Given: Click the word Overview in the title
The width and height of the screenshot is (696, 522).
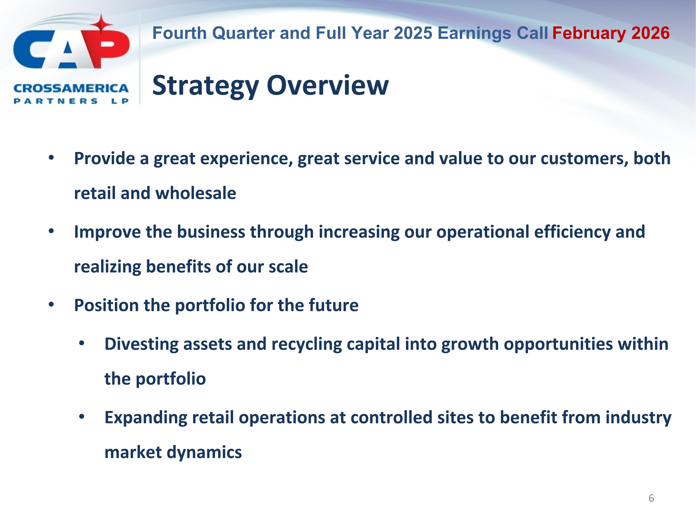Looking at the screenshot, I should click(328, 86).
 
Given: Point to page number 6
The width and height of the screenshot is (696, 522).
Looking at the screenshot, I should click(651, 498).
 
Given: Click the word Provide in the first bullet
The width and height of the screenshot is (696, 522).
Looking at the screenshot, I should click(104, 158).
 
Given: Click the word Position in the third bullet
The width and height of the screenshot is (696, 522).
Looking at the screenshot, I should click(106, 305).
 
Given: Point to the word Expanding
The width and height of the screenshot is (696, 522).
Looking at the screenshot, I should click(146, 418).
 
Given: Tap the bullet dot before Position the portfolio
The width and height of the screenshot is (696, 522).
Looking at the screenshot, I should click(51, 305).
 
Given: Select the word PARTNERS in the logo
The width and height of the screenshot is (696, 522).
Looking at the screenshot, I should click(56, 101).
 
